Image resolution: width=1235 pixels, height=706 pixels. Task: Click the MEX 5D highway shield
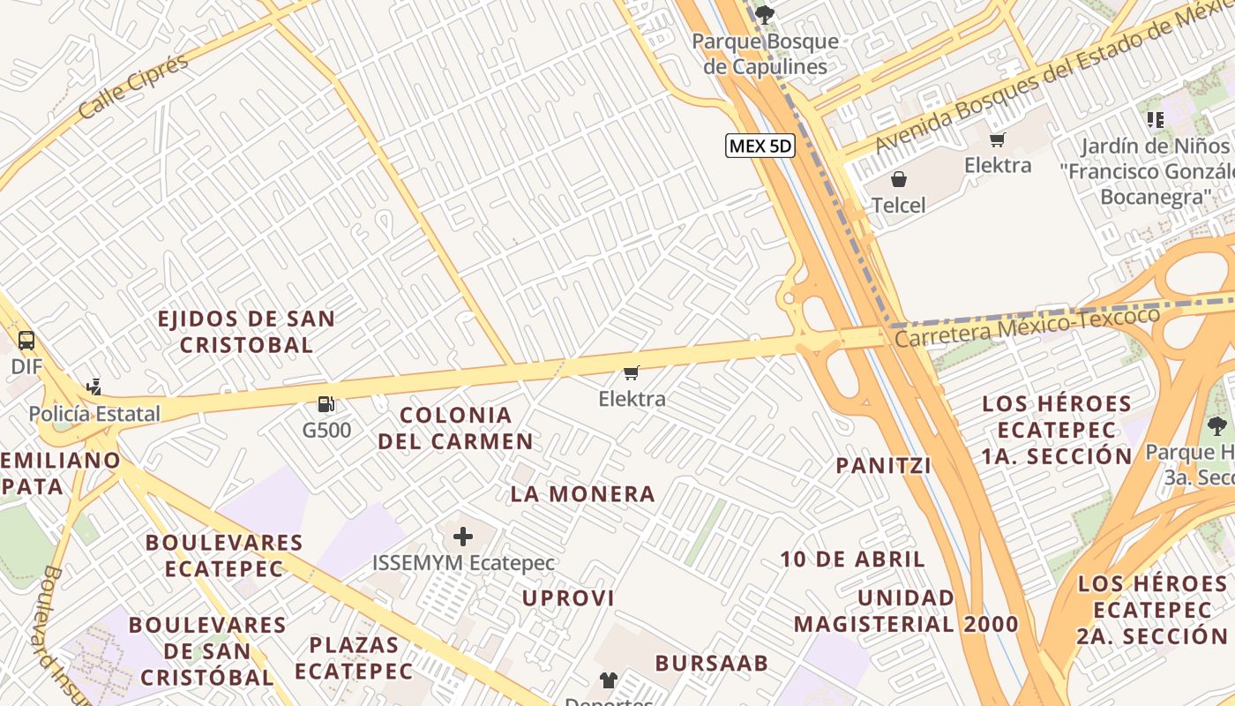(x=760, y=146)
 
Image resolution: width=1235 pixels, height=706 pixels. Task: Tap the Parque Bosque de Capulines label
(x=765, y=54)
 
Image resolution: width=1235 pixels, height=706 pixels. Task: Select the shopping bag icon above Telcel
(x=899, y=180)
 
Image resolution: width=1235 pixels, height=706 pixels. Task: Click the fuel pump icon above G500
(x=326, y=405)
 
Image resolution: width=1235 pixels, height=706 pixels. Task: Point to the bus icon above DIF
(x=26, y=340)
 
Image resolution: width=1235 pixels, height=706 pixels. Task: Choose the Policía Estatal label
(x=94, y=414)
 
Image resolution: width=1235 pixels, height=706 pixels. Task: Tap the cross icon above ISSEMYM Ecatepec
(x=463, y=537)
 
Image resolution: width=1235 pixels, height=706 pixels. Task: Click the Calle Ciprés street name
(x=133, y=86)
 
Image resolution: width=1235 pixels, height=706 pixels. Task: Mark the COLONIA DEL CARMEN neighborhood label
(x=455, y=428)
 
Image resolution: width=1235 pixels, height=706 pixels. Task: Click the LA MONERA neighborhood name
(x=582, y=494)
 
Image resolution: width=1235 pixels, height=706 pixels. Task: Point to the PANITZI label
(x=883, y=466)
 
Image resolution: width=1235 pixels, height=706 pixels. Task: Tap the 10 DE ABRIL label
(x=852, y=559)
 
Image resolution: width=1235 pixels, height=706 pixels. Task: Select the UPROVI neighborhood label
(x=568, y=598)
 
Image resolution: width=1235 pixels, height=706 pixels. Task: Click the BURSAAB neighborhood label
(x=711, y=663)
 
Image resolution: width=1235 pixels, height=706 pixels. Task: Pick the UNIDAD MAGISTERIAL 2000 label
(x=906, y=611)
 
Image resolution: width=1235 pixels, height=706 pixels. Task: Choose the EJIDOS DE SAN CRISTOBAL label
(x=246, y=332)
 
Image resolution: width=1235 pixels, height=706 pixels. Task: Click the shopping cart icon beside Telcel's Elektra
(x=998, y=139)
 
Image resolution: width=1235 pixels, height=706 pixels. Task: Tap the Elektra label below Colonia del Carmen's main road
(x=632, y=399)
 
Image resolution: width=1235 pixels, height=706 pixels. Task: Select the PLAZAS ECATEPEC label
(x=353, y=658)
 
